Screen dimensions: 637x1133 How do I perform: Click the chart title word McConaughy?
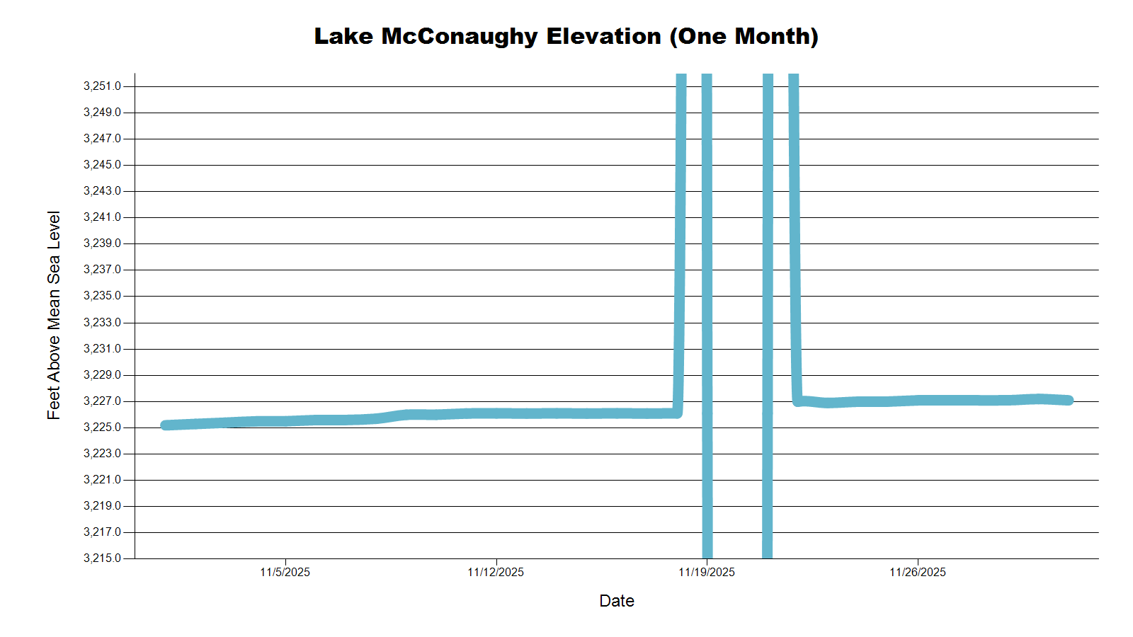[460, 36]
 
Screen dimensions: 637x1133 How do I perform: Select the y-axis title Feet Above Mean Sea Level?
[54, 315]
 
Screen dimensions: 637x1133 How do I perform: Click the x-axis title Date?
[617, 601]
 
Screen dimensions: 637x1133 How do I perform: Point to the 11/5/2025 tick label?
[285, 572]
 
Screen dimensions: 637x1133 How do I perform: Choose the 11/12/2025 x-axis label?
[496, 572]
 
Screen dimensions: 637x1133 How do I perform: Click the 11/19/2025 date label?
[707, 572]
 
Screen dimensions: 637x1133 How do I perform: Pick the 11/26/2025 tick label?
[918, 572]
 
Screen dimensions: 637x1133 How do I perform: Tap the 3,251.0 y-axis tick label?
[103, 86]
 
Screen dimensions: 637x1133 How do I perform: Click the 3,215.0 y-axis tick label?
[103, 558]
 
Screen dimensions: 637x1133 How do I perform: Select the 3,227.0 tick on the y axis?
[103, 401]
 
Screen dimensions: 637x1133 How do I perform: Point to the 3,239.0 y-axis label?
[103, 243]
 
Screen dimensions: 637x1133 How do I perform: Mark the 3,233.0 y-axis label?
[103, 323]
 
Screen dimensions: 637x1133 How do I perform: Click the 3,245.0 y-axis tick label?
[103, 165]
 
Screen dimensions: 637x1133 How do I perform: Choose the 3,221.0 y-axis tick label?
[103, 480]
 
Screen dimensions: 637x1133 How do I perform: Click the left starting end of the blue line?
[165, 425]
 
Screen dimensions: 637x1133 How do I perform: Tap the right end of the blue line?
[1069, 401]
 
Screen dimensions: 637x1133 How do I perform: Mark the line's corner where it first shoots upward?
[678, 413]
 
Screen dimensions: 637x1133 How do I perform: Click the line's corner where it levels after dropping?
[797, 401]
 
